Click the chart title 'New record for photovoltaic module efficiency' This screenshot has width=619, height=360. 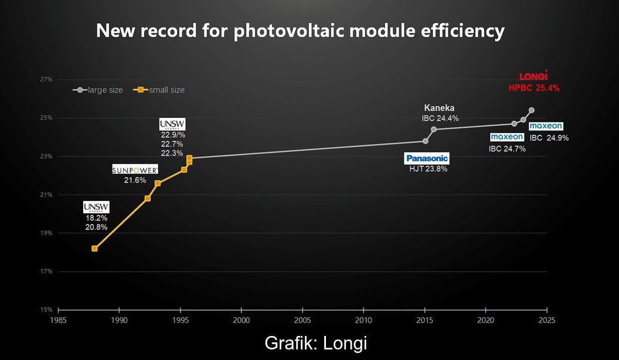(x=300, y=31)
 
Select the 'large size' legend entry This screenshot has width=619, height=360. (x=98, y=90)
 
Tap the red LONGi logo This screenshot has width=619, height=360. (x=533, y=76)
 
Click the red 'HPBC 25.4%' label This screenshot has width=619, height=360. (x=534, y=89)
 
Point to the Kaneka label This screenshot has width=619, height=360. (x=440, y=108)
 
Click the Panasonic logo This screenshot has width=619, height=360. (x=427, y=158)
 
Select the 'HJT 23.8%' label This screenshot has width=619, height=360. (x=428, y=169)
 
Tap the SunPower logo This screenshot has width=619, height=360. (x=135, y=170)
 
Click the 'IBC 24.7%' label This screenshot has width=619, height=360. (x=507, y=149)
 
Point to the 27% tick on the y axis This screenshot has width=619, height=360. (x=46, y=79)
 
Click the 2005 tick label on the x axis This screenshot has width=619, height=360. (x=302, y=320)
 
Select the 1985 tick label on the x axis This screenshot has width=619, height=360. (x=58, y=320)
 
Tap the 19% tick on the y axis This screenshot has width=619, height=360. (x=46, y=233)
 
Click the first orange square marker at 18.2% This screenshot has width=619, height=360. (x=94, y=249)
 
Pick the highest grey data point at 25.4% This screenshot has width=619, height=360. (x=531, y=110)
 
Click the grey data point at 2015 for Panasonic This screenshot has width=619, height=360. (x=425, y=141)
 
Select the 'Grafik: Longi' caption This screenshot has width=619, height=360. (x=316, y=343)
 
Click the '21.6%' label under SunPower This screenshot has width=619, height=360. (x=135, y=181)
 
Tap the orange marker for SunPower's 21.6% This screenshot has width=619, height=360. (x=158, y=184)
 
